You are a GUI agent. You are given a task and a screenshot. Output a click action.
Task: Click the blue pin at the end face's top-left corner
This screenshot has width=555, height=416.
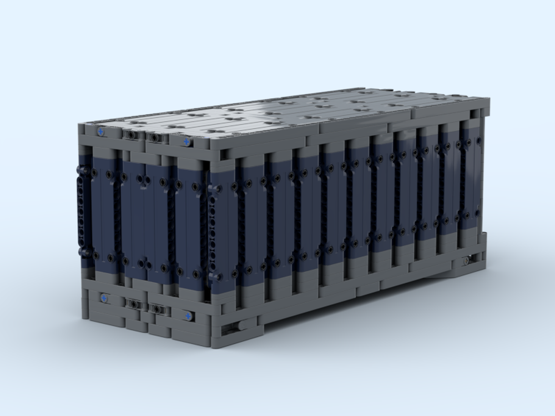tap(101, 131)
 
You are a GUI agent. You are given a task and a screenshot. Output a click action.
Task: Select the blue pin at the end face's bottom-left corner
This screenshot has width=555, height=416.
tap(104, 298)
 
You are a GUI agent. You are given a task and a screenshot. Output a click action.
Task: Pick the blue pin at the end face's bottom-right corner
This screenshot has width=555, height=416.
tap(189, 316)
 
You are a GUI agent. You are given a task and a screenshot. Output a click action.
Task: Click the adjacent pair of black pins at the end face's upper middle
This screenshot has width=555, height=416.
tap(144, 181)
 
